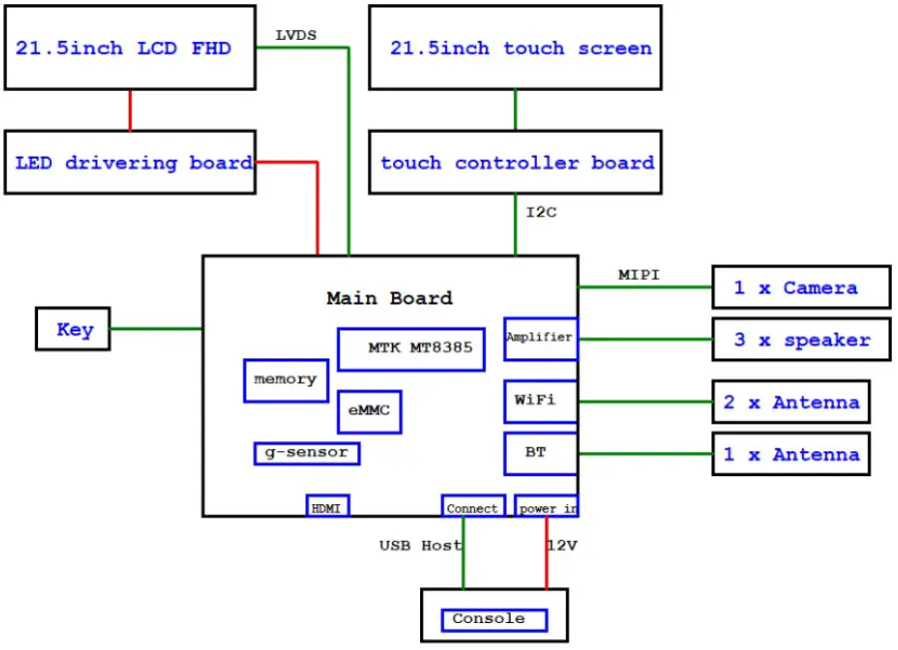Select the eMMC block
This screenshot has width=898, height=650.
369,411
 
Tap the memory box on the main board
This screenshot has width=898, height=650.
285,380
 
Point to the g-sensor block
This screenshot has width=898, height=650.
306,453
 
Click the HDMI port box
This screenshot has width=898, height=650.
327,507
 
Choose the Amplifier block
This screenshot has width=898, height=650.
540,338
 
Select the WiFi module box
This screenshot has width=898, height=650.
540,400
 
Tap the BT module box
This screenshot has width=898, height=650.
540,453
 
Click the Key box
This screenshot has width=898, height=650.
73,329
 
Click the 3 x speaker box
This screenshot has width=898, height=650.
800,339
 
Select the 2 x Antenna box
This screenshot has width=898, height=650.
790,402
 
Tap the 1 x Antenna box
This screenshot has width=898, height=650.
790,454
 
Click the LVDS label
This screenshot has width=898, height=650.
295,35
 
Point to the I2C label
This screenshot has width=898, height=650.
541,212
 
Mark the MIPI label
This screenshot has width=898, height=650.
639,275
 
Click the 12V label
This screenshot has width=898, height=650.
562,546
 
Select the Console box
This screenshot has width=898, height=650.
494,619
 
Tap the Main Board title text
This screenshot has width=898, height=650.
389,298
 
